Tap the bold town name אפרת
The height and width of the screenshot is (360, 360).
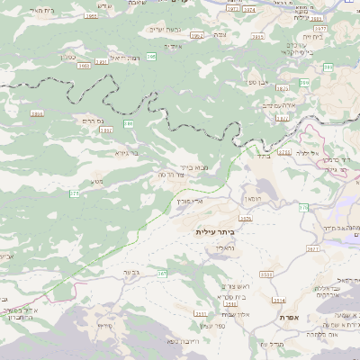click(x=290, y=317)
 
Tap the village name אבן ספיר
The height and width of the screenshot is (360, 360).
click(x=259, y=83)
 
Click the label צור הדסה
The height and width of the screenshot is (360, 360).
click(x=171, y=174)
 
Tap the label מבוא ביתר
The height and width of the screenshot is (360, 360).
click(x=193, y=166)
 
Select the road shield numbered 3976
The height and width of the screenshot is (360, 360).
click(x=246, y=217)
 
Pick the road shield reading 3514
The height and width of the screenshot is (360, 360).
click(x=279, y=300)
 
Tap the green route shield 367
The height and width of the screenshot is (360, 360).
click(x=163, y=273)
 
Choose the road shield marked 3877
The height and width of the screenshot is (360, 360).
click(x=319, y=30)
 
